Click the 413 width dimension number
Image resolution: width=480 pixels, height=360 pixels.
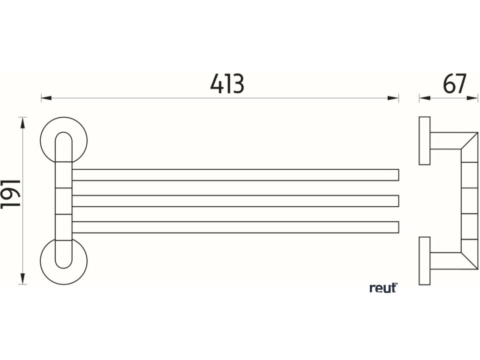tap(227, 84)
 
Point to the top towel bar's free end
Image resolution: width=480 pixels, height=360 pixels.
tap(396, 174)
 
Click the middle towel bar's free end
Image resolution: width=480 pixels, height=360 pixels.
tap(396, 201)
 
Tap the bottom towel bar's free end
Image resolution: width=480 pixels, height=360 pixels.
tap(396, 227)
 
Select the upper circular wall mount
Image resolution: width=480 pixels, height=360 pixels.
tap(64, 140)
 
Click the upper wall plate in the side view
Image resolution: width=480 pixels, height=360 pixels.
tap(424, 140)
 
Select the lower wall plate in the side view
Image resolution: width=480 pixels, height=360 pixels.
tap(424, 261)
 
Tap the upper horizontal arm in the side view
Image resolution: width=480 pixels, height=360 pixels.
tap(448, 141)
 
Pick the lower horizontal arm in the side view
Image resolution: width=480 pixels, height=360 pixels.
tap(448, 261)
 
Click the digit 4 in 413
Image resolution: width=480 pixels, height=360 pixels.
tap(216, 84)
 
